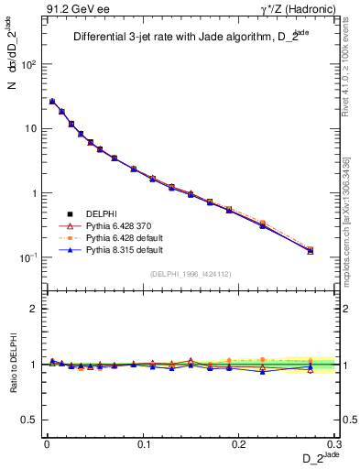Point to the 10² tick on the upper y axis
coord(28,65)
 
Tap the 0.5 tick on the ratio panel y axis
coord(30,420)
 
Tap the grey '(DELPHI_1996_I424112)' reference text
coord(191,273)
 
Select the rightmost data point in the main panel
coord(311,250)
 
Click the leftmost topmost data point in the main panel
coord(52,102)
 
